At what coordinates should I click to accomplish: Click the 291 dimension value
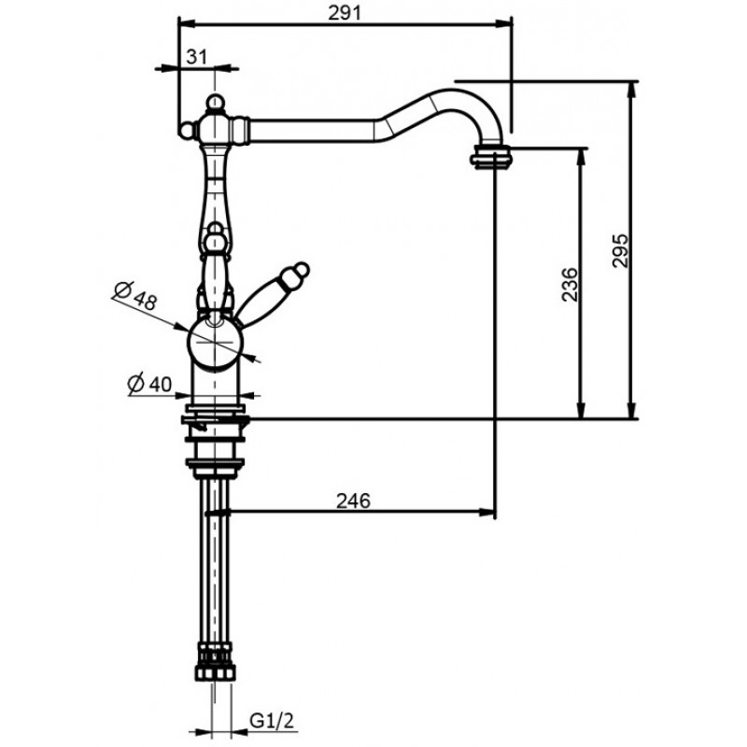click(x=345, y=13)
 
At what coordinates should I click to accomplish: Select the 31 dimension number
click(x=197, y=57)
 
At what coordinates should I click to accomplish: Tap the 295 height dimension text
click(x=620, y=250)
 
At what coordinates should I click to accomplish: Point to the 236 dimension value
click(x=570, y=284)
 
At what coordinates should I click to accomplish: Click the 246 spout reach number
click(x=353, y=500)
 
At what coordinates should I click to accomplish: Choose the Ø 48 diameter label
click(x=135, y=296)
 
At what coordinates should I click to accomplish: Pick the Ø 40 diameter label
click(x=149, y=384)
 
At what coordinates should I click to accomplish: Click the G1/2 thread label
click(x=271, y=721)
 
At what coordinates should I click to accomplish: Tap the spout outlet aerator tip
click(x=491, y=156)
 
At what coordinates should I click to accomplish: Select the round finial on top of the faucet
click(x=216, y=102)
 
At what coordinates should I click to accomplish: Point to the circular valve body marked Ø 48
click(x=216, y=342)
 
